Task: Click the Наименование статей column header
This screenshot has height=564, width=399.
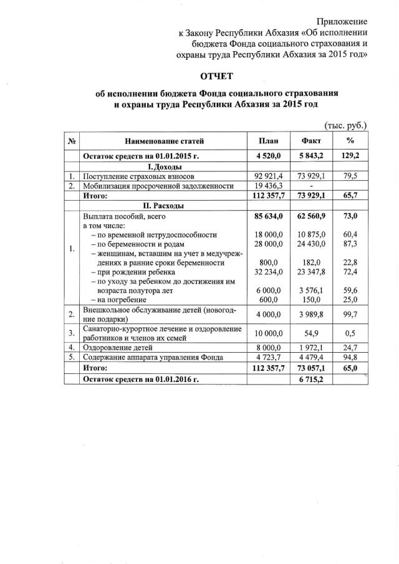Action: click(165, 142)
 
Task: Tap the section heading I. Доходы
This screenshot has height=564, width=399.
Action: click(164, 167)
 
